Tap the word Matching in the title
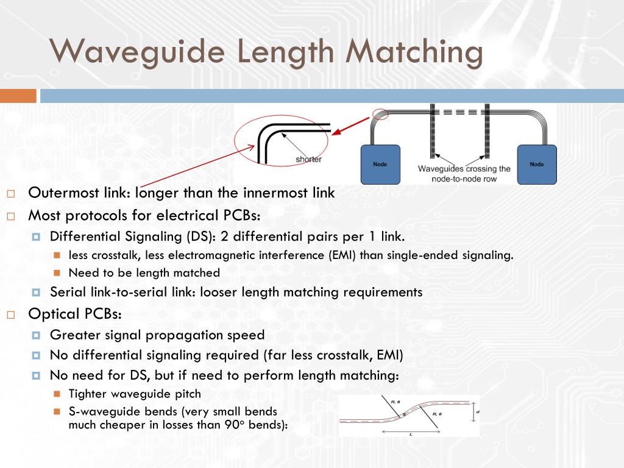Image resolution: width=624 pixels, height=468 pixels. [414, 51]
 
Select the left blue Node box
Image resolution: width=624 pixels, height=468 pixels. [380, 164]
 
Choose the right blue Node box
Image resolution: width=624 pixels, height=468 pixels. [537, 164]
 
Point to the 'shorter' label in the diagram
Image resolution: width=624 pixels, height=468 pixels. [308, 160]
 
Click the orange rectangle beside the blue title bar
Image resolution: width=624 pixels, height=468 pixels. [18, 96]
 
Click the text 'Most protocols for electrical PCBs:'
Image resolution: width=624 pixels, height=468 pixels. [144, 215]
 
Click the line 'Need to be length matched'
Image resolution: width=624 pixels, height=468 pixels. [144, 272]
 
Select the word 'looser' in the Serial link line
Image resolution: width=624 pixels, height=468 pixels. [218, 292]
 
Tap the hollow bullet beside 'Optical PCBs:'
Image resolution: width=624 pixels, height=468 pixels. [11, 315]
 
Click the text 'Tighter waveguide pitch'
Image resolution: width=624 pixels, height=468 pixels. [135, 394]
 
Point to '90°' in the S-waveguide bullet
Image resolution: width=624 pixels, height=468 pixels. [247, 425]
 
